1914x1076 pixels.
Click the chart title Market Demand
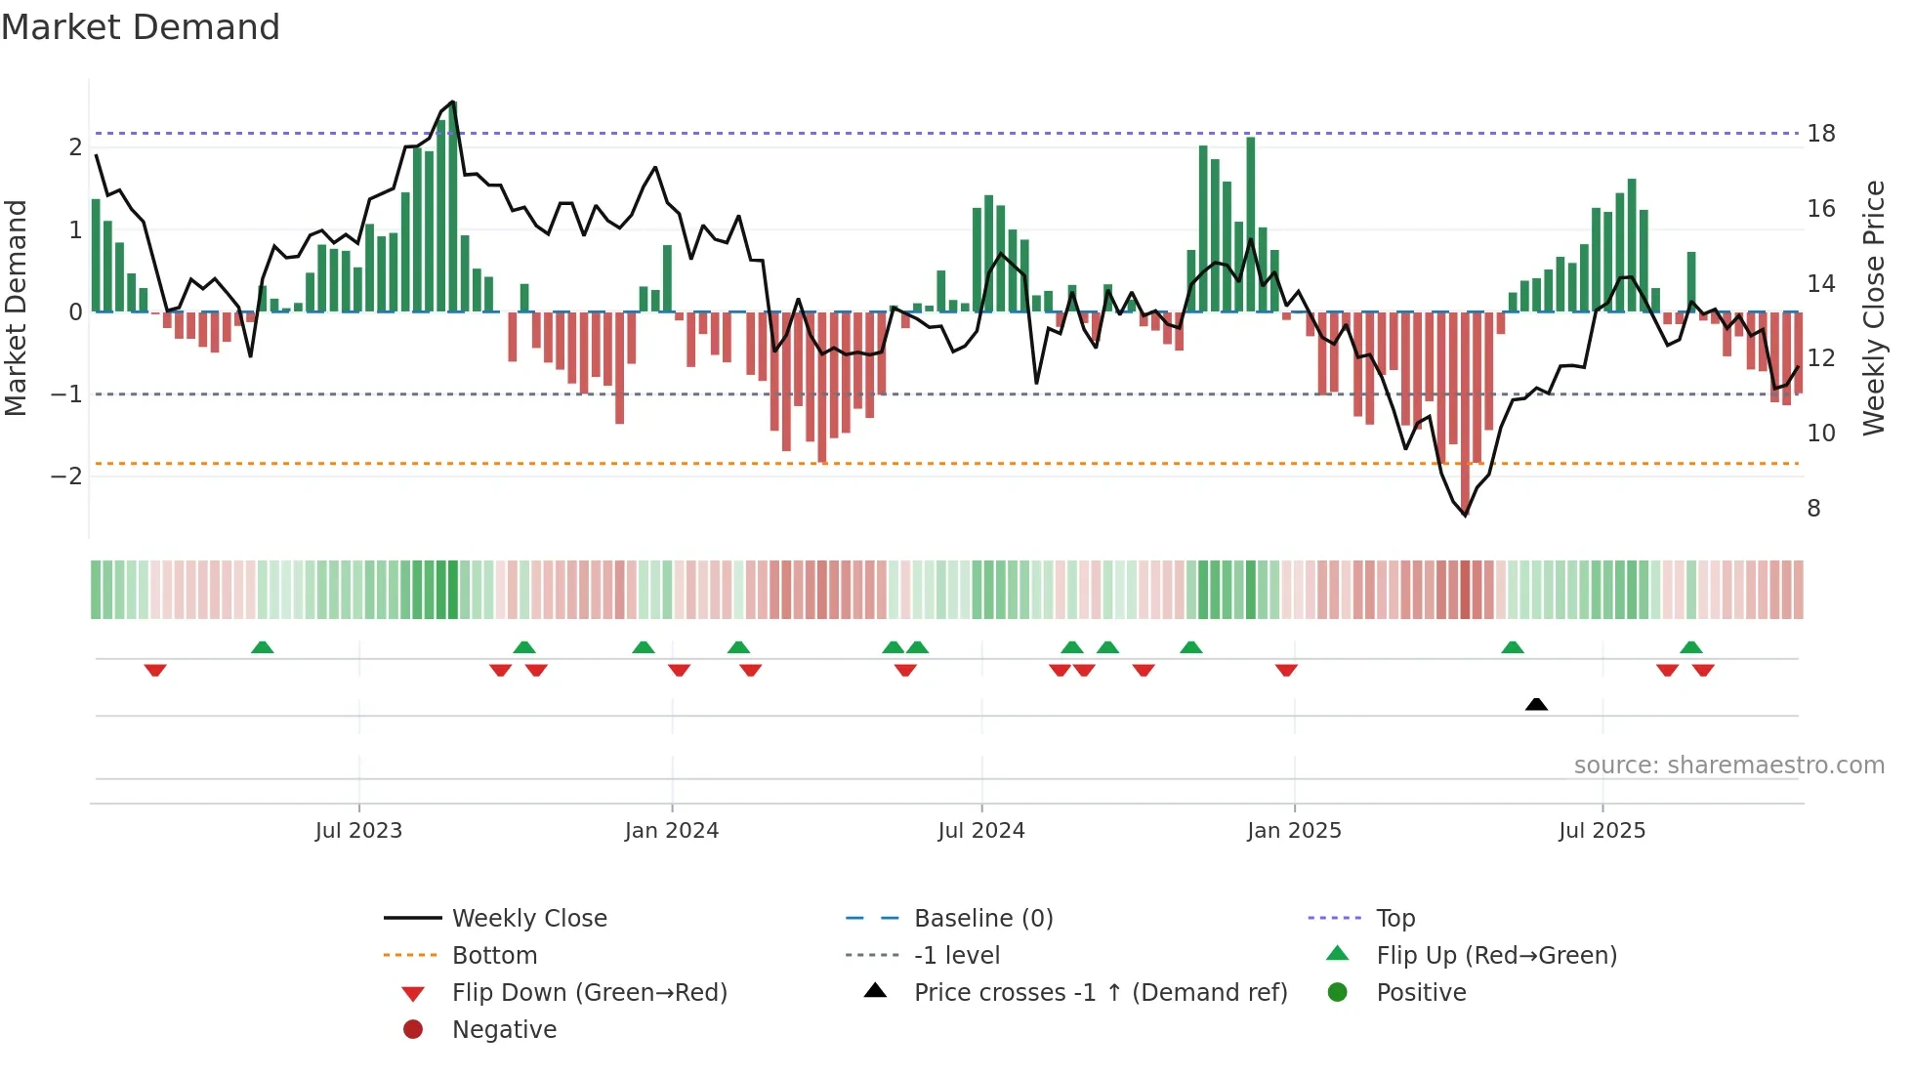tap(141, 27)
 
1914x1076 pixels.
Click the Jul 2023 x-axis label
tap(358, 831)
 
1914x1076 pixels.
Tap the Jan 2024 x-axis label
tap(672, 831)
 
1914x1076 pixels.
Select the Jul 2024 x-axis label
tap(981, 831)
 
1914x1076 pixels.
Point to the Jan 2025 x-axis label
tap(1294, 831)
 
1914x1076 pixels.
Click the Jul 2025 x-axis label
tap(1602, 831)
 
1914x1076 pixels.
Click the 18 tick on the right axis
tap(1821, 134)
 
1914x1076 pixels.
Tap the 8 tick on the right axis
tap(1813, 509)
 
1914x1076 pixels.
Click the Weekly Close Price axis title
tap(1873, 308)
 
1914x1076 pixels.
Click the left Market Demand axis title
tap(16, 308)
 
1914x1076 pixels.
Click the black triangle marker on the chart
tap(1536, 704)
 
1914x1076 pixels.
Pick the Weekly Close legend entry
tap(528, 919)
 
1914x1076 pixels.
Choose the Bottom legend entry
tap(494, 956)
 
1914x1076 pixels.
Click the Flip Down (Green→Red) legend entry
tap(589, 993)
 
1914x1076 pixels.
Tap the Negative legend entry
tap(504, 1030)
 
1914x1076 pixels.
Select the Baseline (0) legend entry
tap(982, 919)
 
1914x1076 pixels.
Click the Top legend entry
tap(1394, 919)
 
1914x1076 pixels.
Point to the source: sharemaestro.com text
tap(1728, 766)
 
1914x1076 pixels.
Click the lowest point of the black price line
tap(1465, 515)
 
